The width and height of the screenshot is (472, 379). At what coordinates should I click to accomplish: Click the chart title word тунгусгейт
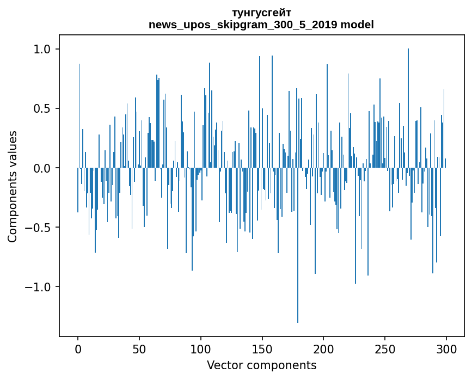[261, 13]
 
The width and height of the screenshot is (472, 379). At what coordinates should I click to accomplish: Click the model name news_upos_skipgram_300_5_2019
[243, 25]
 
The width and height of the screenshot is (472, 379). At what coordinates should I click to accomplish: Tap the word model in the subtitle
[357, 25]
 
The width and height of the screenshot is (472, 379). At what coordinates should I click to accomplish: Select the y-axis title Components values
[13, 187]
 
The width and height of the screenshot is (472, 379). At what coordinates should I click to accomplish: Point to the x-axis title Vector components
[261, 365]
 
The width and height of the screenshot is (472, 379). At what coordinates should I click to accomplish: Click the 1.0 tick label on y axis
[42, 50]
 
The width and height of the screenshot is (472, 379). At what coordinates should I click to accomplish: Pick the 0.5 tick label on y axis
[42, 109]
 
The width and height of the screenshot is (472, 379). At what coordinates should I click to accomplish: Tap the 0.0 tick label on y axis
[42, 168]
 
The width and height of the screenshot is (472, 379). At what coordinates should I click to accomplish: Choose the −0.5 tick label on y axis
[38, 228]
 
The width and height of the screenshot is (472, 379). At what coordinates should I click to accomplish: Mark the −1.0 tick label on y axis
[38, 287]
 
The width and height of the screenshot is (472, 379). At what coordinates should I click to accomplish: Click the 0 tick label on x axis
[78, 350]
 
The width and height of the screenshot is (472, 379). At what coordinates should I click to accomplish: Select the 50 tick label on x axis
[139, 350]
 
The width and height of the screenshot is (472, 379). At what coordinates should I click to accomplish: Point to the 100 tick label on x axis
[201, 350]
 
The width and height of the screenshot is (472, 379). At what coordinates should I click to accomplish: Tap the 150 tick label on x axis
[262, 350]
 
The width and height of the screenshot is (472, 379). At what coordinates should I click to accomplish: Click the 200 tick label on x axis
[323, 350]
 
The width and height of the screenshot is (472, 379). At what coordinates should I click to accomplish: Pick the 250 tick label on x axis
[385, 350]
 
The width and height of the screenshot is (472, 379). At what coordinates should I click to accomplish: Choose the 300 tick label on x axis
[446, 350]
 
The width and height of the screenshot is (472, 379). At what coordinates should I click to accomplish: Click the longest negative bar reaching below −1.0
[298, 245]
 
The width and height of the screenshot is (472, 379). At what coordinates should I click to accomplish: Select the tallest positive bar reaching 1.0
[408, 108]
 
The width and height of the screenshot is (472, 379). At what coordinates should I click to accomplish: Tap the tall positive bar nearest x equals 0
[79, 116]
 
